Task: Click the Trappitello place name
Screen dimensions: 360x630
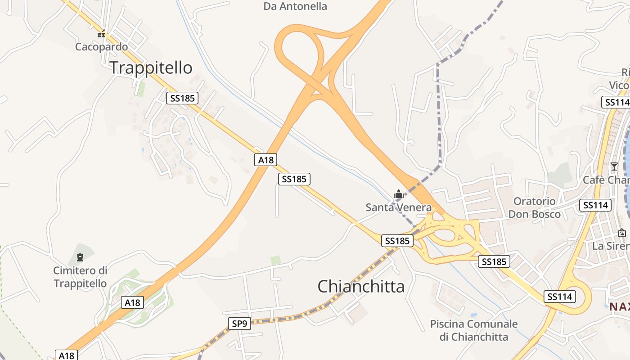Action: pos(151,68)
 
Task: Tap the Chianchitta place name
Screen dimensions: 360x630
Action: pos(361,287)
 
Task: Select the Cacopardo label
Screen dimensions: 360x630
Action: pos(101,47)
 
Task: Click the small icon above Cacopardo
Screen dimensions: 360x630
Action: pos(101,33)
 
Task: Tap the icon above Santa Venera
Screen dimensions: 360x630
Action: pos(398,194)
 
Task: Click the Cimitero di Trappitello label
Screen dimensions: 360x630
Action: pos(80,277)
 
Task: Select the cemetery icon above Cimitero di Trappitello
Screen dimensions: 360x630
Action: pos(80,257)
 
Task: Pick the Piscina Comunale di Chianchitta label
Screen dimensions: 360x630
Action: pos(473,330)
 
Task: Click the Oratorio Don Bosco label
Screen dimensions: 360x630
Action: pos(535,207)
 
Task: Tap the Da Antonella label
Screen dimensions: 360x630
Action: pos(295,6)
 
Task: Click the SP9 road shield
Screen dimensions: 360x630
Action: pos(239,323)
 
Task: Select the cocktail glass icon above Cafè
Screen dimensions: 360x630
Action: pos(614,166)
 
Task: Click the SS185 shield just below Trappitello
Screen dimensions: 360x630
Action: pos(182,98)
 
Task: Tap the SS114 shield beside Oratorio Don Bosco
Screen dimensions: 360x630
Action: pos(595,205)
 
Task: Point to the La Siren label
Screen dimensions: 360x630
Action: pos(611,246)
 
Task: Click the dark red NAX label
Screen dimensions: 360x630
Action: pos(619,307)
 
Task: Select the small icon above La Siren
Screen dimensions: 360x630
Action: pos(621,233)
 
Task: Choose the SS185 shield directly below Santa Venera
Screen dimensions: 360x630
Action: pos(397,241)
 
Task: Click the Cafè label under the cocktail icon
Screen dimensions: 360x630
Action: pos(606,180)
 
